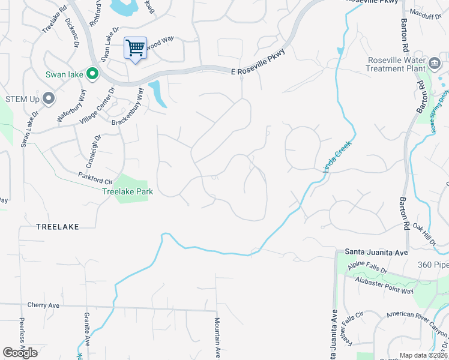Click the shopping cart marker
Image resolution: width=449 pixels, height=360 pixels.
136,48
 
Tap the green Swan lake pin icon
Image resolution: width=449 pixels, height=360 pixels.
92,74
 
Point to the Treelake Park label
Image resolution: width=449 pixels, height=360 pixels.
127,192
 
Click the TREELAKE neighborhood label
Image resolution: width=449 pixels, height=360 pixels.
58,226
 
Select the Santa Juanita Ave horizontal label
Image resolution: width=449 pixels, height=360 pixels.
376,253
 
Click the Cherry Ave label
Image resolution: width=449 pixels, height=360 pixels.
43,305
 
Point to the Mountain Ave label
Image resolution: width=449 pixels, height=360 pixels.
218,336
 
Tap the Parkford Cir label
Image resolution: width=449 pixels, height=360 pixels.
95,178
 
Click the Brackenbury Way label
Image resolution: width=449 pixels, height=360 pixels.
128,107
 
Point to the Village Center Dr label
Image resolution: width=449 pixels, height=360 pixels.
96,107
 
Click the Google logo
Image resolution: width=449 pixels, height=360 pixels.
20,353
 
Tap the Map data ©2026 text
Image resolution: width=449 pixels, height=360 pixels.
423,355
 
